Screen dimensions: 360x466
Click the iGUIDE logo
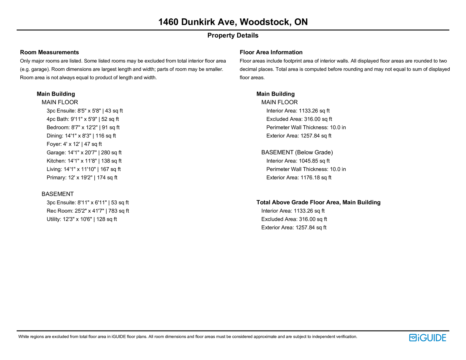[427, 338]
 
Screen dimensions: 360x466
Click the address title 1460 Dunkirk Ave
[233, 22]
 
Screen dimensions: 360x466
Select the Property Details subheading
[233, 36]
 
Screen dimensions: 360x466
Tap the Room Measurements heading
[50, 52]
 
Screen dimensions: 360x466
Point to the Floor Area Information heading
[271, 52]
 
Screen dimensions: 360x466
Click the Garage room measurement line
[84, 153]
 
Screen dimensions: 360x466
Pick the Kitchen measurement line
[84, 161]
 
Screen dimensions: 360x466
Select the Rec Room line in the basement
[88, 211]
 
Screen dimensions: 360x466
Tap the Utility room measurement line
[82, 219]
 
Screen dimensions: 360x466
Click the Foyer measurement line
[74, 144]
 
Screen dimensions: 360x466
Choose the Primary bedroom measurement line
[82, 178]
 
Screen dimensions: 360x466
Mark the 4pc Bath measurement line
[83, 119]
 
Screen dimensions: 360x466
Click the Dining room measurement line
[81, 136]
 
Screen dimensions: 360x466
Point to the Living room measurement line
[84, 169]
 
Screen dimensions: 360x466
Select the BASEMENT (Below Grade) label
[297, 152]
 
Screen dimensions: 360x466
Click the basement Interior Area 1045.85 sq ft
[298, 161]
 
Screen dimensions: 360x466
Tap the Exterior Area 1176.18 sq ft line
[299, 178]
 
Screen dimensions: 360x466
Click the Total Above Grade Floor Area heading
[318, 202]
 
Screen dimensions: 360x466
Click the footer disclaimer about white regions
[188, 337]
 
